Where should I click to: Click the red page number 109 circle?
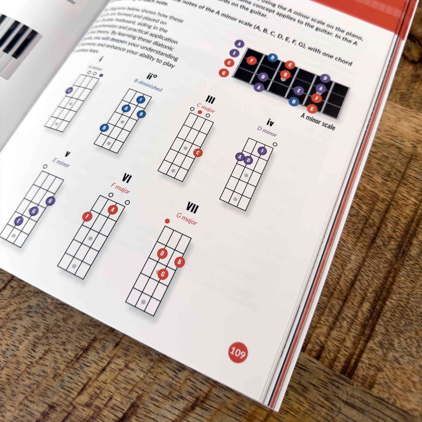238,352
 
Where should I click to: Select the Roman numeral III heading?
210,100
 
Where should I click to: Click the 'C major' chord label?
206,108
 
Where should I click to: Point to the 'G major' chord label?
187,219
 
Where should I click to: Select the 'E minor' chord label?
61,162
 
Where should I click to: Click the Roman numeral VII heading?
192,208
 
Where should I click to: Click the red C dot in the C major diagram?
198,153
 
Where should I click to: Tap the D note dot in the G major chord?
162,253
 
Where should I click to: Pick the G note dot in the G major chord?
163,274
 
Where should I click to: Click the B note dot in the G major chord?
179,262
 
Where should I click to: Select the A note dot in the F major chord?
113,209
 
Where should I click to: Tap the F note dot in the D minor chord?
262,151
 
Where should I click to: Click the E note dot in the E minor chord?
19,221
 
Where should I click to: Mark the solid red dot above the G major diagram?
167,221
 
